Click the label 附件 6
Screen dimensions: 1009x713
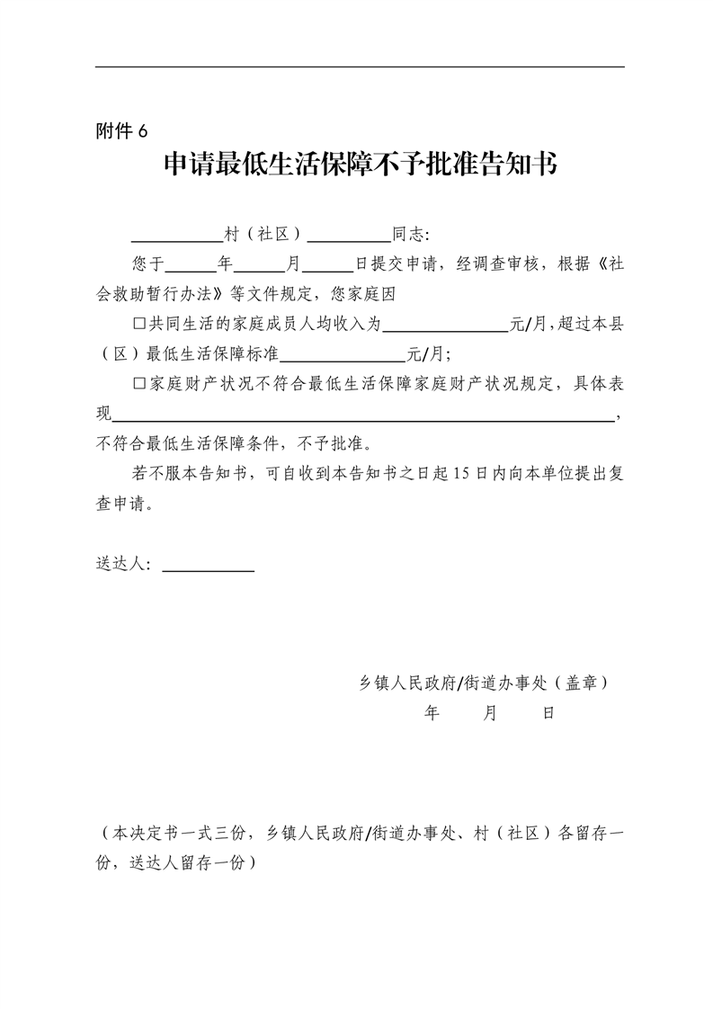pos(120,131)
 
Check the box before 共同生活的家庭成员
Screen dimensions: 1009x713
pos(138,326)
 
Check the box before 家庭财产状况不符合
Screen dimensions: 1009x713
pos(138,384)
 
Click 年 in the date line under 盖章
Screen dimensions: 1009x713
pos(432,713)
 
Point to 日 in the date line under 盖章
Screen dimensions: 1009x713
pos(547,713)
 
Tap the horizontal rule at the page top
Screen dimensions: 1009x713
pos(360,67)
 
